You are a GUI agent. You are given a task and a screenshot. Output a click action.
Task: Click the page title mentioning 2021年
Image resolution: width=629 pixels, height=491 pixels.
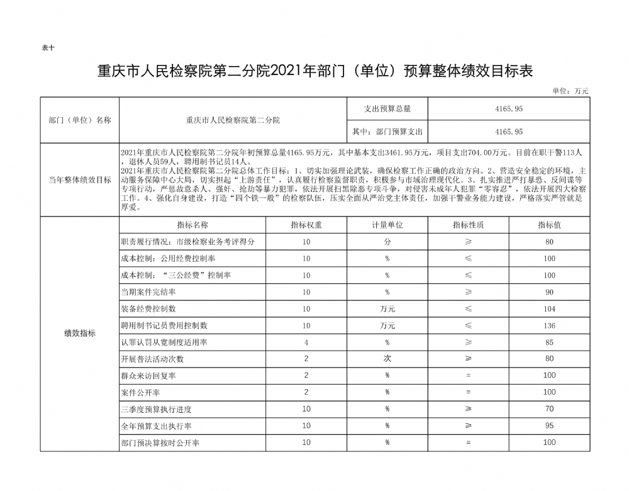(314, 71)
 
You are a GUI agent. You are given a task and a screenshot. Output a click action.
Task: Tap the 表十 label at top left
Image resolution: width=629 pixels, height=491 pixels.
(47, 48)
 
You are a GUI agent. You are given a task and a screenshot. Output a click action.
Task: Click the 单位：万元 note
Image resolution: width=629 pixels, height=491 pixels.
(570, 91)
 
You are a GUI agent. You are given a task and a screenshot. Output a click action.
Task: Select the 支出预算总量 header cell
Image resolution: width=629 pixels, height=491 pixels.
(387, 108)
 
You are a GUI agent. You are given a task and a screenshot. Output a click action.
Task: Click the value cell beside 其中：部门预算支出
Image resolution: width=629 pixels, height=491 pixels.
(509, 132)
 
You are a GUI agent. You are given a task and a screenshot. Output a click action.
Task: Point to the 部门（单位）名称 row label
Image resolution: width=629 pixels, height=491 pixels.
(79, 120)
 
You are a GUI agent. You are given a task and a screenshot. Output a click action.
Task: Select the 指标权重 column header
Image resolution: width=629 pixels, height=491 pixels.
(306, 225)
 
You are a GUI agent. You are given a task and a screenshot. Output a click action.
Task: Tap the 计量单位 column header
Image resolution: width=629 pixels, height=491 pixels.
(387, 225)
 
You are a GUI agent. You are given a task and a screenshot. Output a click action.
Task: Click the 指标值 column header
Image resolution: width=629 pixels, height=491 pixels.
(549, 225)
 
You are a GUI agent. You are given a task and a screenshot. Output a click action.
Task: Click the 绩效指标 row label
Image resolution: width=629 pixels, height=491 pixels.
(79, 334)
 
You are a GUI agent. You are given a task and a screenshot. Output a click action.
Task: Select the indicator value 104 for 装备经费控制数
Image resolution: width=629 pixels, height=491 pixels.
(549, 309)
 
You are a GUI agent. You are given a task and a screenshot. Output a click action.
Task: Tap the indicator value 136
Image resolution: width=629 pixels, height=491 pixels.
(549, 325)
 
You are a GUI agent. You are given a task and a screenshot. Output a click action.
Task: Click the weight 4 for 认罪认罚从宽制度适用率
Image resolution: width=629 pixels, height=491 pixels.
(306, 342)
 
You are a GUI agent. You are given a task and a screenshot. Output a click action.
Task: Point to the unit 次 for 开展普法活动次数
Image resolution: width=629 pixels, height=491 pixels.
(387, 359)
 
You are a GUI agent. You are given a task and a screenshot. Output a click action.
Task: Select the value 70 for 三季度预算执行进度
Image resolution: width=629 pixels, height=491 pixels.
(549, 409)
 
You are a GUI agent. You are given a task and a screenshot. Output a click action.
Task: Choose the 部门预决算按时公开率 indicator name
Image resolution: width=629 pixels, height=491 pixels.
(160, 443)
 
